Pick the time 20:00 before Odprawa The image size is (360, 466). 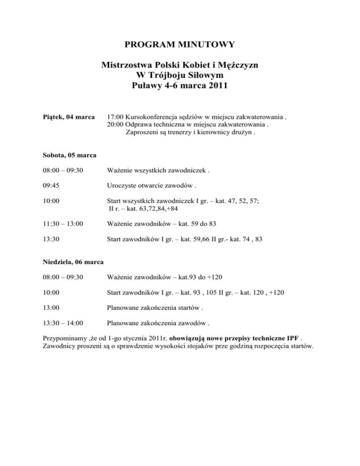pyautogui.click(x=115, y=124)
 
